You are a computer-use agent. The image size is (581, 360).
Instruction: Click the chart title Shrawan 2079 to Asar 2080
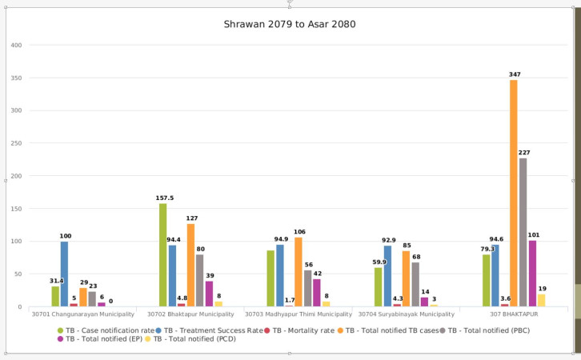pyautogui.click(x=289, y=24)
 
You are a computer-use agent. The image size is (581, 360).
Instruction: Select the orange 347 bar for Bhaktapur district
pyautogui.click(x=513, y=193)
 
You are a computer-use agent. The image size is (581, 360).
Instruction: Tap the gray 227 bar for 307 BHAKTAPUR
pyautogui.click(x=523, y=232)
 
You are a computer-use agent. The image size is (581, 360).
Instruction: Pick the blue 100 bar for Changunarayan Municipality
pyautogui.click(x=65, y=274)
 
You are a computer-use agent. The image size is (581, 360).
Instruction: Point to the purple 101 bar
pyautogui.click(x=532, y=274)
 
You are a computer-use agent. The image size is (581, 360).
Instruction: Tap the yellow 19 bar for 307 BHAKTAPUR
pyautogui.click(x=542, y=300)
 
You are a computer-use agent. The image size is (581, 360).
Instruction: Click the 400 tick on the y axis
pyautogui.click(x=16, y=45)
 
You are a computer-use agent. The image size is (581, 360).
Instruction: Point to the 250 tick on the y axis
pyautogui.click(x=16, y=143)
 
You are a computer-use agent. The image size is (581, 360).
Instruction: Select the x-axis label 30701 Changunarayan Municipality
pyautogui.click(x=83, y=314)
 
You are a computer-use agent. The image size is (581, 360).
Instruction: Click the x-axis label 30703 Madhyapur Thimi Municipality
pyautogui.click(x=299, y=314)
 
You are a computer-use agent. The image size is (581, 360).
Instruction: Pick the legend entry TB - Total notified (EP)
pyautogui.click(x=102, y=339)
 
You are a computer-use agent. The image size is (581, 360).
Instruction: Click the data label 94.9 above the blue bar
pyautogui.click(x=280, y=238)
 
